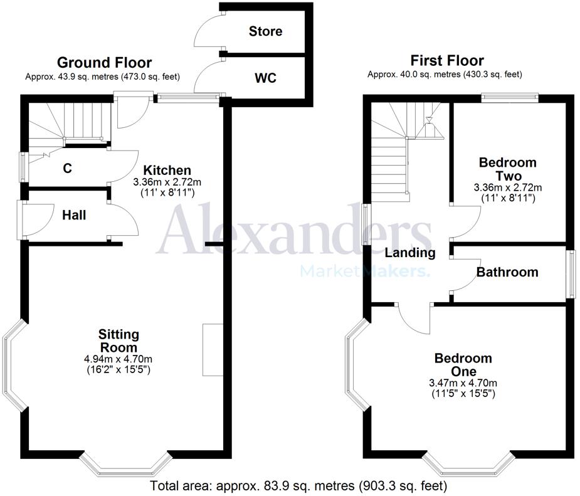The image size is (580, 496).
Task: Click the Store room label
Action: point(265,31)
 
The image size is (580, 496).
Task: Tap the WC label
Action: point(265,79)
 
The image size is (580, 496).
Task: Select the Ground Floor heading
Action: point(104,63)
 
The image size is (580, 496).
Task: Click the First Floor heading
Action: point(447,61)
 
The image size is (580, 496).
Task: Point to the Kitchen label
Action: point(167,170)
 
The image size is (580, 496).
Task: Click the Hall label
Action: point(74,215)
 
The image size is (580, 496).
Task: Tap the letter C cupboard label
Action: point(67,168)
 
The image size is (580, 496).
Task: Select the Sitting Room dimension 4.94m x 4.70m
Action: point(119,359)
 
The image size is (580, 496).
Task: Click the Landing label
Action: point(410,253)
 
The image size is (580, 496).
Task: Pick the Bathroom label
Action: point(507,272)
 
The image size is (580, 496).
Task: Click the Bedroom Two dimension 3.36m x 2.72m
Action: point(508,187)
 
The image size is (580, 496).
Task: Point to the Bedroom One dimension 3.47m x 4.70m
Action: point(463,383)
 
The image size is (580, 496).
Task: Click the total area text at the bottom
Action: point(298,486)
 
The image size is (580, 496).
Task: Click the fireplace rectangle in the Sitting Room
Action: point(213,350)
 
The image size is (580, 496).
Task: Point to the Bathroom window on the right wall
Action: point(571,274)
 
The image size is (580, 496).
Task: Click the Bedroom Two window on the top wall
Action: point(510,97)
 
